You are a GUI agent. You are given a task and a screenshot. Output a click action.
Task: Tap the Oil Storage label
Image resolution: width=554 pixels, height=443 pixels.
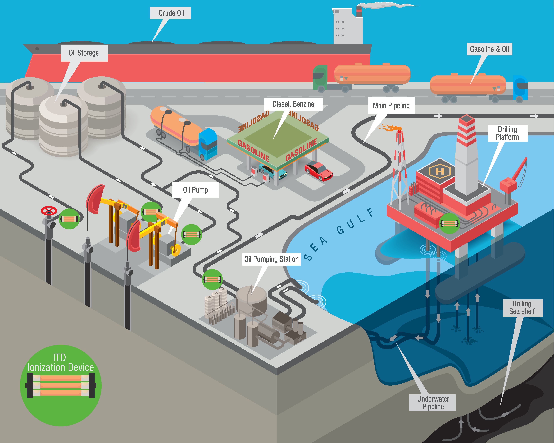pos(84,53)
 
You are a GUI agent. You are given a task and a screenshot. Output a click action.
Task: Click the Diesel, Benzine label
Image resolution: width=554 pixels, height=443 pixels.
pos(293,104)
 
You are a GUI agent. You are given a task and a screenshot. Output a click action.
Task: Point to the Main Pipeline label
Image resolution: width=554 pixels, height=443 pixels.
pos(391,105)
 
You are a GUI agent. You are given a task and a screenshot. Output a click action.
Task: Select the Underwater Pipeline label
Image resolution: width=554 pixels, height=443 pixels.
pos(433,403)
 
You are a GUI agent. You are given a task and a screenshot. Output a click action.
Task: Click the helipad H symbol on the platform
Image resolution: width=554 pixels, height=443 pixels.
pos(440,171)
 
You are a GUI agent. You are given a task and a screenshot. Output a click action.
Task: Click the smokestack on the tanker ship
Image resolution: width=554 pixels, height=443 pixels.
pos(359,12)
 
